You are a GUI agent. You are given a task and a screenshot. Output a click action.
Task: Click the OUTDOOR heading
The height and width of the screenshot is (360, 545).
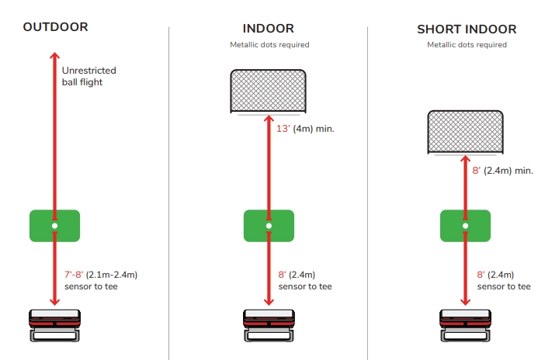click(x=55, y=27)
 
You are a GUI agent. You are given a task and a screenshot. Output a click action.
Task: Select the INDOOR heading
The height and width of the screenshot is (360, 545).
click(x=269, y=29)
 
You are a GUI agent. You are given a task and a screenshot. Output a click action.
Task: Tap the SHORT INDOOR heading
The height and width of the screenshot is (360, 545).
click(x=466, y=29)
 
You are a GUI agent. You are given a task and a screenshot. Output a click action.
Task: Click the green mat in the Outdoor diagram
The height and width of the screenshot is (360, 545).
click(x=54, y=225)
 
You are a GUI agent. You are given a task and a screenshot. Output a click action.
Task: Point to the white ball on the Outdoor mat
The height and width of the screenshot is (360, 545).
click(x=54, y=226)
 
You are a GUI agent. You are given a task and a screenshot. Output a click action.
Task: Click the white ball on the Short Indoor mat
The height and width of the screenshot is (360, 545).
click(x=466, y=226)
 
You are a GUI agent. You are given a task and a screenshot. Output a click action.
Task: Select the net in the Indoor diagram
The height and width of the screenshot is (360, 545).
click(x=269, y=92)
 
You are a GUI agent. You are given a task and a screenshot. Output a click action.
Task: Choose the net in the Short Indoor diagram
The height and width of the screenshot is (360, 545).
click(x=466, y=130)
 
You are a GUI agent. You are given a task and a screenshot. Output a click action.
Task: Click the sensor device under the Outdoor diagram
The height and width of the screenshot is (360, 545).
click(x=54, y=325)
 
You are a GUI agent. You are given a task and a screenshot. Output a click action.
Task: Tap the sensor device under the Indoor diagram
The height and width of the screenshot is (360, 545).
click(x=269, y=325)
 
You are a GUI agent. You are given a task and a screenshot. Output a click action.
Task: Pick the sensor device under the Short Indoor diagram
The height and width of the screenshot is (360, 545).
click(x=466, y=325)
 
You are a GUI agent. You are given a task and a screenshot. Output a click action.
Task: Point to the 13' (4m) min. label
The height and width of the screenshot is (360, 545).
click(x=305, y=128)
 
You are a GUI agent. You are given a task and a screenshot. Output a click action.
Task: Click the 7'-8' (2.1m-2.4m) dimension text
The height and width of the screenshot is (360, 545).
click(x=101, y=275)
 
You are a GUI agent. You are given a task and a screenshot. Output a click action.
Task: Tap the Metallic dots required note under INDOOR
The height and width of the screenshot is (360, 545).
click(x=269, y=45)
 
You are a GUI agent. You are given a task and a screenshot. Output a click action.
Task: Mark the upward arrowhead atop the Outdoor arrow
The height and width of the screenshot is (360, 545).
click(x=54, y=56)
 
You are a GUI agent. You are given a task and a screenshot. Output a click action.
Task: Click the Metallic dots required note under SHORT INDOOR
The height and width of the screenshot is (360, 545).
click(x=466, y=45)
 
